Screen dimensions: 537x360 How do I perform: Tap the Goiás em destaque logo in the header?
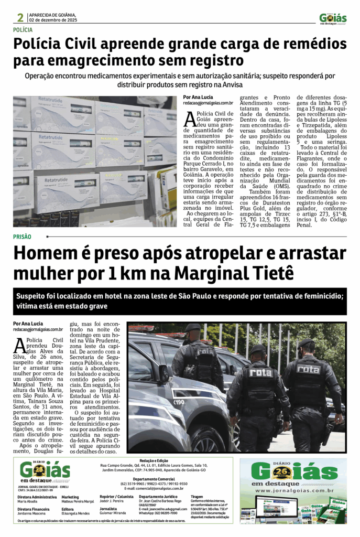(x=333, y=18)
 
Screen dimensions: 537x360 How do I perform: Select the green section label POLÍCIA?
(x=23, y=30)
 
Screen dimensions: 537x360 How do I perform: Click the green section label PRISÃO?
(x=22, y=237)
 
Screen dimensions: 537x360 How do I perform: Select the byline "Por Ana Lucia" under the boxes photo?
(x=198, y=97)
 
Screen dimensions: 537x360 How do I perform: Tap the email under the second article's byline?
(x=38, y=329)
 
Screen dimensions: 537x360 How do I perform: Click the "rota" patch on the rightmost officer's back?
(x=308, y=369)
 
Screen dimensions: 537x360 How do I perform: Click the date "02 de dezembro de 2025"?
(x=53, y=20)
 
